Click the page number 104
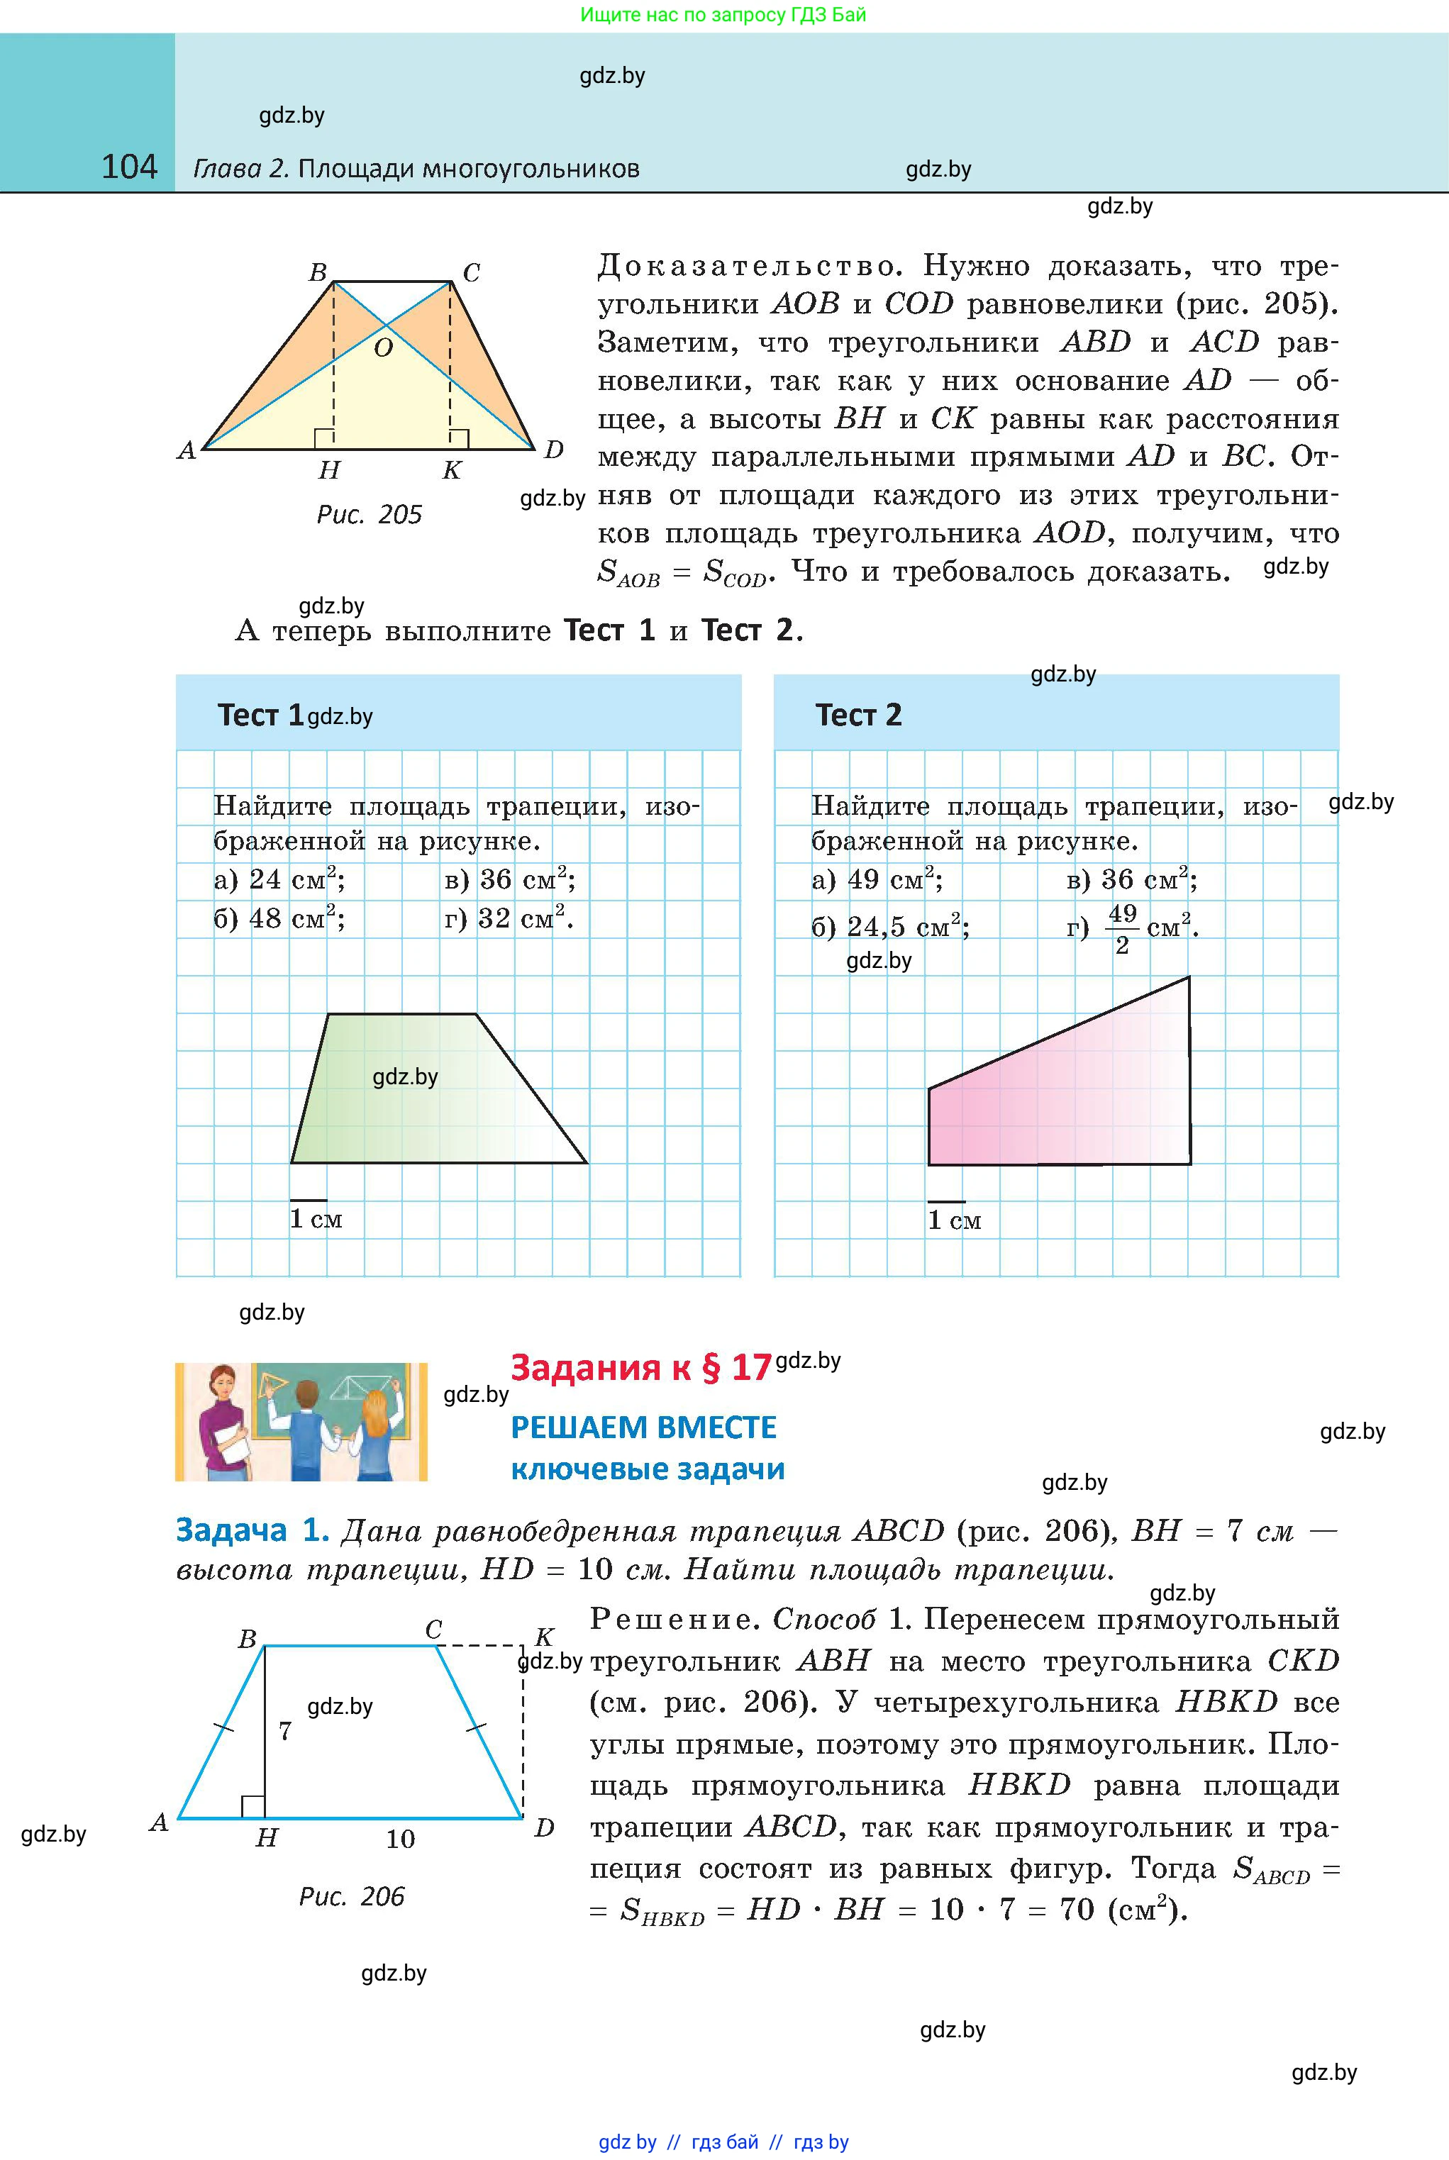129,167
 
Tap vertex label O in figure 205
382,348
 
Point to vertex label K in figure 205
451,470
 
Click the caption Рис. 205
369,515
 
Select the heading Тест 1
260,715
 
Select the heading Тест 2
857,715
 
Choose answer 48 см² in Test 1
279,918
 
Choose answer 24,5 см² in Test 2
891,925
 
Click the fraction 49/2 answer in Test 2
1122,927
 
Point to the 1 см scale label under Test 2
954,1220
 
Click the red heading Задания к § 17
640,1367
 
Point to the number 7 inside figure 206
284,1730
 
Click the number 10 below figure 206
400,1839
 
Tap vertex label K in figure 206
543,1637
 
